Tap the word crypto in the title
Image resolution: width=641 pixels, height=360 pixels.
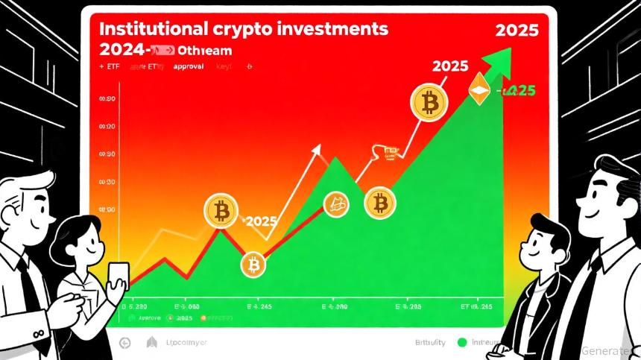coord(239,31)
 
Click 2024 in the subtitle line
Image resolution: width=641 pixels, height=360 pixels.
coord(120,50)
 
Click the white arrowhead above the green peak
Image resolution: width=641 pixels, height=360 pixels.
coord(318,150)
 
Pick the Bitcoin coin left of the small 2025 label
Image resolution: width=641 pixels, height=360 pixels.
coord(221,212)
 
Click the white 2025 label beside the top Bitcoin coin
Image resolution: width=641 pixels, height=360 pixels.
coord(450,66)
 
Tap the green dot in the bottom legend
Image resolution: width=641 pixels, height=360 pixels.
coord(462,342)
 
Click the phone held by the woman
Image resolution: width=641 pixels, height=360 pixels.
coord(119,276)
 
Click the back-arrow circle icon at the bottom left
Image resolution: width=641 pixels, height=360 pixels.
coord(125,342)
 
